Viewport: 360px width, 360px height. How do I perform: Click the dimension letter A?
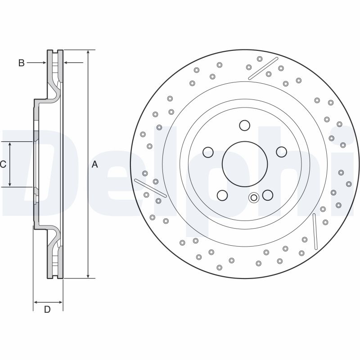(x=94, y=164)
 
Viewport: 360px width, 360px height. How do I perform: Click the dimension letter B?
(x=21, y=63)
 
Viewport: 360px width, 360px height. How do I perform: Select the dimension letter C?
(x=3, y=164)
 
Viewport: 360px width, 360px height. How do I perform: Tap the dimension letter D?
(x=47, y=310)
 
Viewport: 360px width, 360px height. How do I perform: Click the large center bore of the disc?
(x=245, y=164)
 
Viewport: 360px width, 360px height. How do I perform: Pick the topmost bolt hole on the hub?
(x=244, y=126)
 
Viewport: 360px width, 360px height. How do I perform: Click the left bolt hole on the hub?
(x=208, y=152)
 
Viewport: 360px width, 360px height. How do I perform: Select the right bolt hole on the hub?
(x=282, y=152)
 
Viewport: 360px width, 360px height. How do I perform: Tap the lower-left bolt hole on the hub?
(x=222, y=195)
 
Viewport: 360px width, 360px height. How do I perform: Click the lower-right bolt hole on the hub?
(x=267, y=195)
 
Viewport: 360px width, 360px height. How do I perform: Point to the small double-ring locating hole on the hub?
(x=254, y=198)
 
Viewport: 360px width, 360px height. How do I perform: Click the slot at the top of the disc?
(x=263, y=68)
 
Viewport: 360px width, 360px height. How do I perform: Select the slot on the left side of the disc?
(x=150, y=188)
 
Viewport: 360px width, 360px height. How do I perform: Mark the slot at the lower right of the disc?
(x=315, y=231)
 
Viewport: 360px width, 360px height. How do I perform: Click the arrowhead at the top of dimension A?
(x=88, y=52)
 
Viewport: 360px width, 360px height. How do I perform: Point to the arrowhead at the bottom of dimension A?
(x=88, y=276)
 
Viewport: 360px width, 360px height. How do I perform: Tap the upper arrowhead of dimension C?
(x=10, y=144)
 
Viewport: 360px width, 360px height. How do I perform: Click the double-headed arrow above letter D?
(x=48, y=302)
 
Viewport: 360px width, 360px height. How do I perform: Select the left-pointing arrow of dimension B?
(x=73, y=63)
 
